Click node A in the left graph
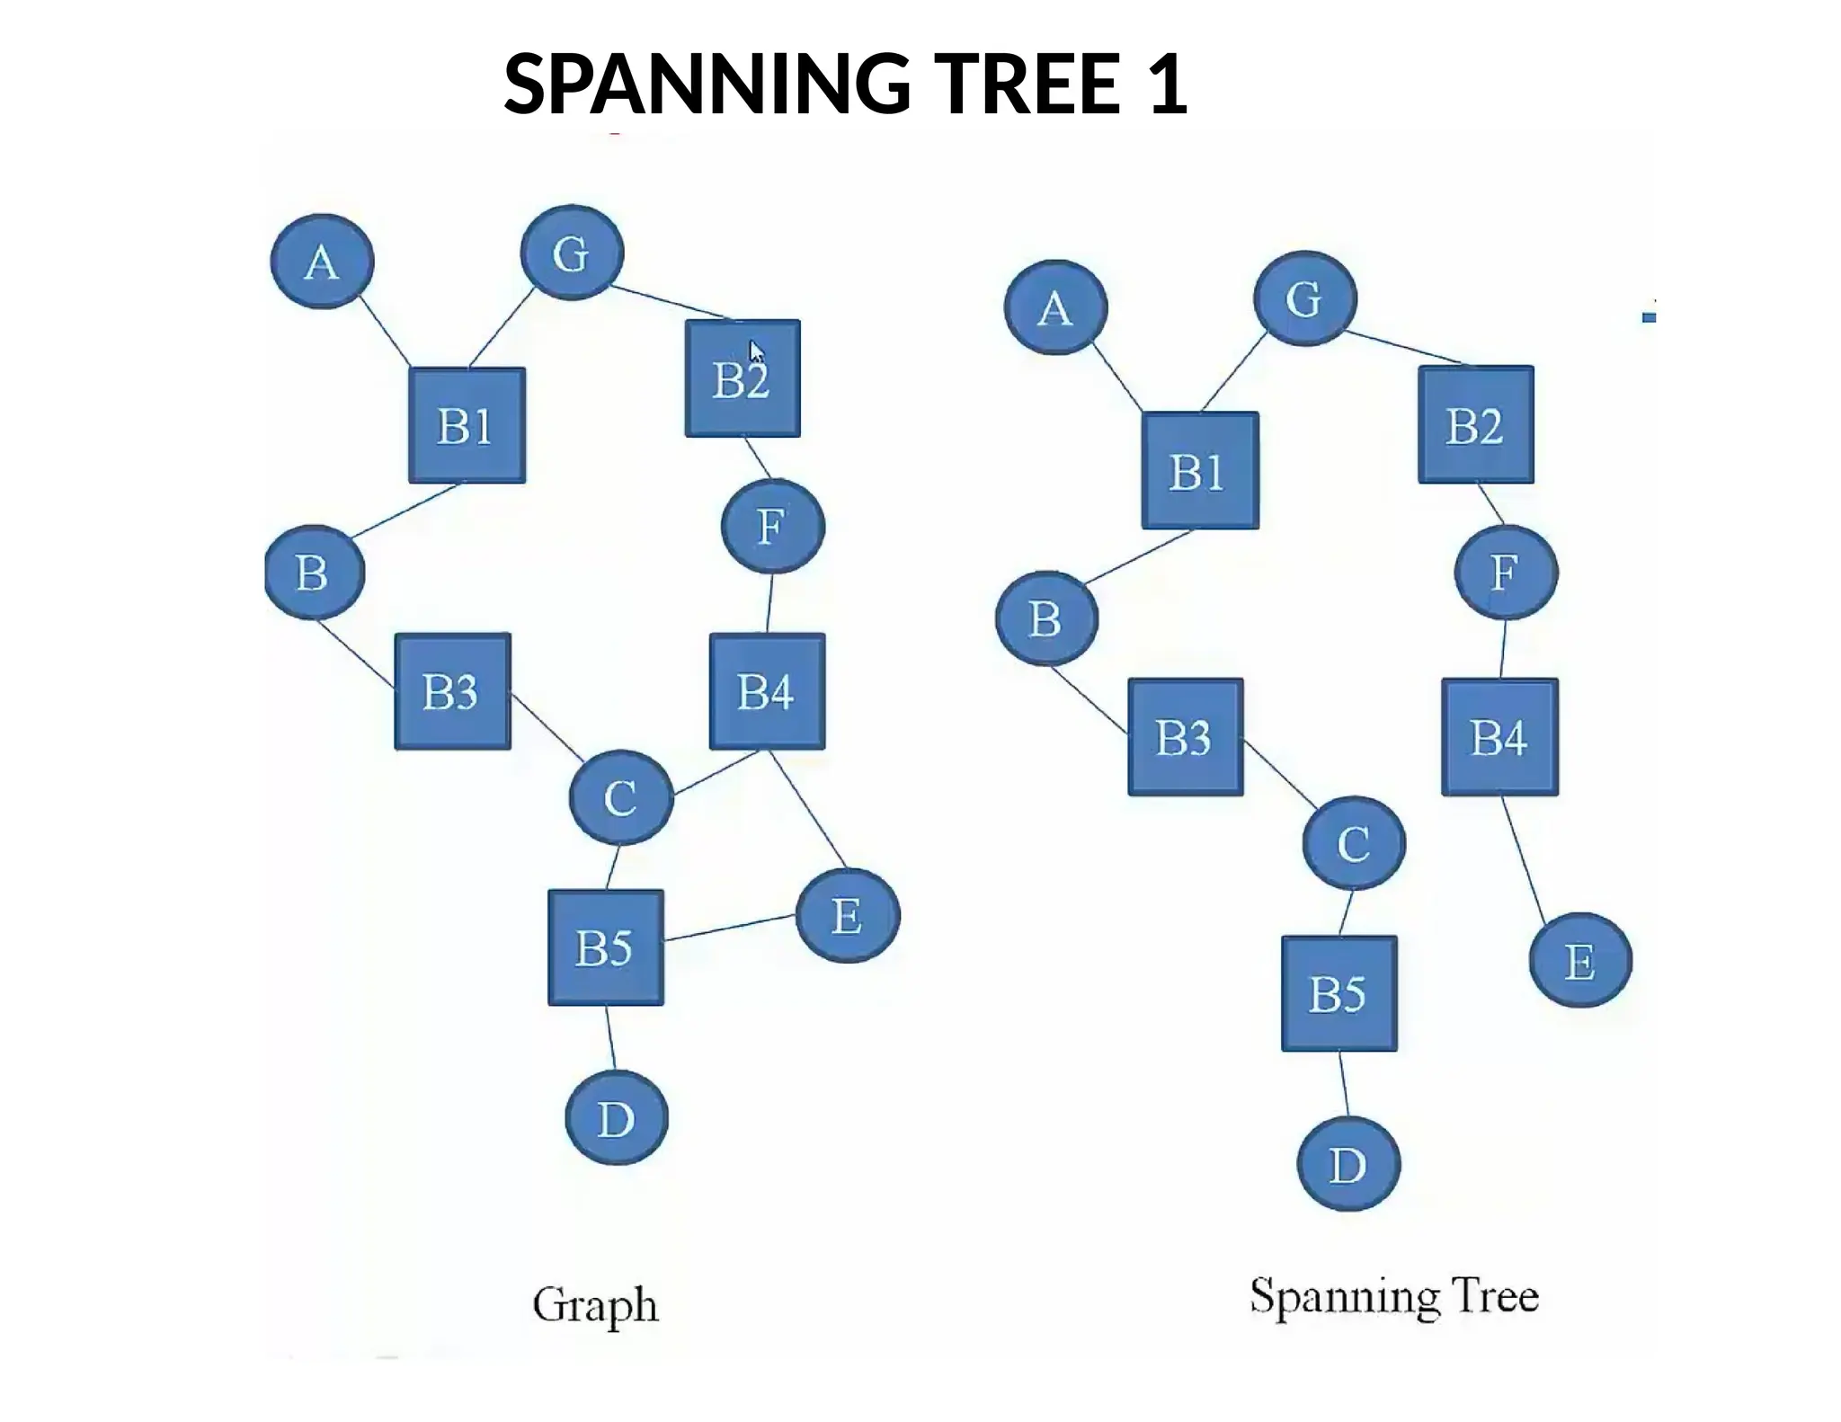pyautogui.click(x=322, y=262)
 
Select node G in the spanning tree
pyautogui.click(x=1304, y=298)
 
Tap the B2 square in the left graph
pyautogui.click(x=743, y=378)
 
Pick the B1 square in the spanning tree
pyautogui.click(x=1200, y=471)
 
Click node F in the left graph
pyautogui.click(x=773, y=526)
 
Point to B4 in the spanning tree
pyautogui.click(x=1499, y=737)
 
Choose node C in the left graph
pyautogui.click(x=621, y=797)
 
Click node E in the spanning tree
pyautogui.click(x=1580, y=960)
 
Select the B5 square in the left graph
pyautogui.click(x=606, y=947)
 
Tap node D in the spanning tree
pyautogui.click(x=1348, y=1164)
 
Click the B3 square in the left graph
pyautogui.click(x=453, y=691)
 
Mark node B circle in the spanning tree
pyautogui.click(x=1046, y=618)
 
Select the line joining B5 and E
pyautogui.click(x=730, y=928)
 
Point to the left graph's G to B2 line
pyautogui.click(x=672, y=302)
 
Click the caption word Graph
pyautogui.click(x=595, y=1305)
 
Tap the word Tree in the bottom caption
pyautogui.click(x=1499, y=1296)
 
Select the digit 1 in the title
pyautogui.click(x=1168, y=84)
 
